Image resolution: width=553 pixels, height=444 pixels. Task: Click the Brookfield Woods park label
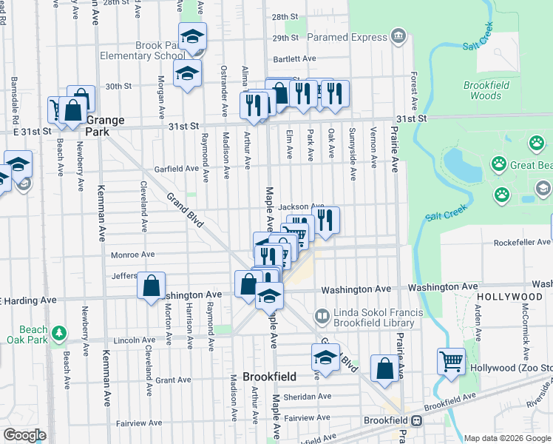coord(486,90)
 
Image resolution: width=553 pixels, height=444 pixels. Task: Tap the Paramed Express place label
coord(347,37)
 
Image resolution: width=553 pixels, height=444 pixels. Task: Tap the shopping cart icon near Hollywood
coord(451,362)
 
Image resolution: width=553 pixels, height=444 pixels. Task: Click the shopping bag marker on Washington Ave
coord(151,286)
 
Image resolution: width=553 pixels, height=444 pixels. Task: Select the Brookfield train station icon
coord(416,420)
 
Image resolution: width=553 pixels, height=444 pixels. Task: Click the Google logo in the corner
coord(24,435)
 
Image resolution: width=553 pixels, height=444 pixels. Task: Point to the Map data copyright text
coord(507,438)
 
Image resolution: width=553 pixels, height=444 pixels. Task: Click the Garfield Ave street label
coord(177,169)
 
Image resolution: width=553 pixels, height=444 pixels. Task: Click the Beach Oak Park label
coord(34,334)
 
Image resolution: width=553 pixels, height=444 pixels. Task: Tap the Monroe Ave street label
coord(132,255)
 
